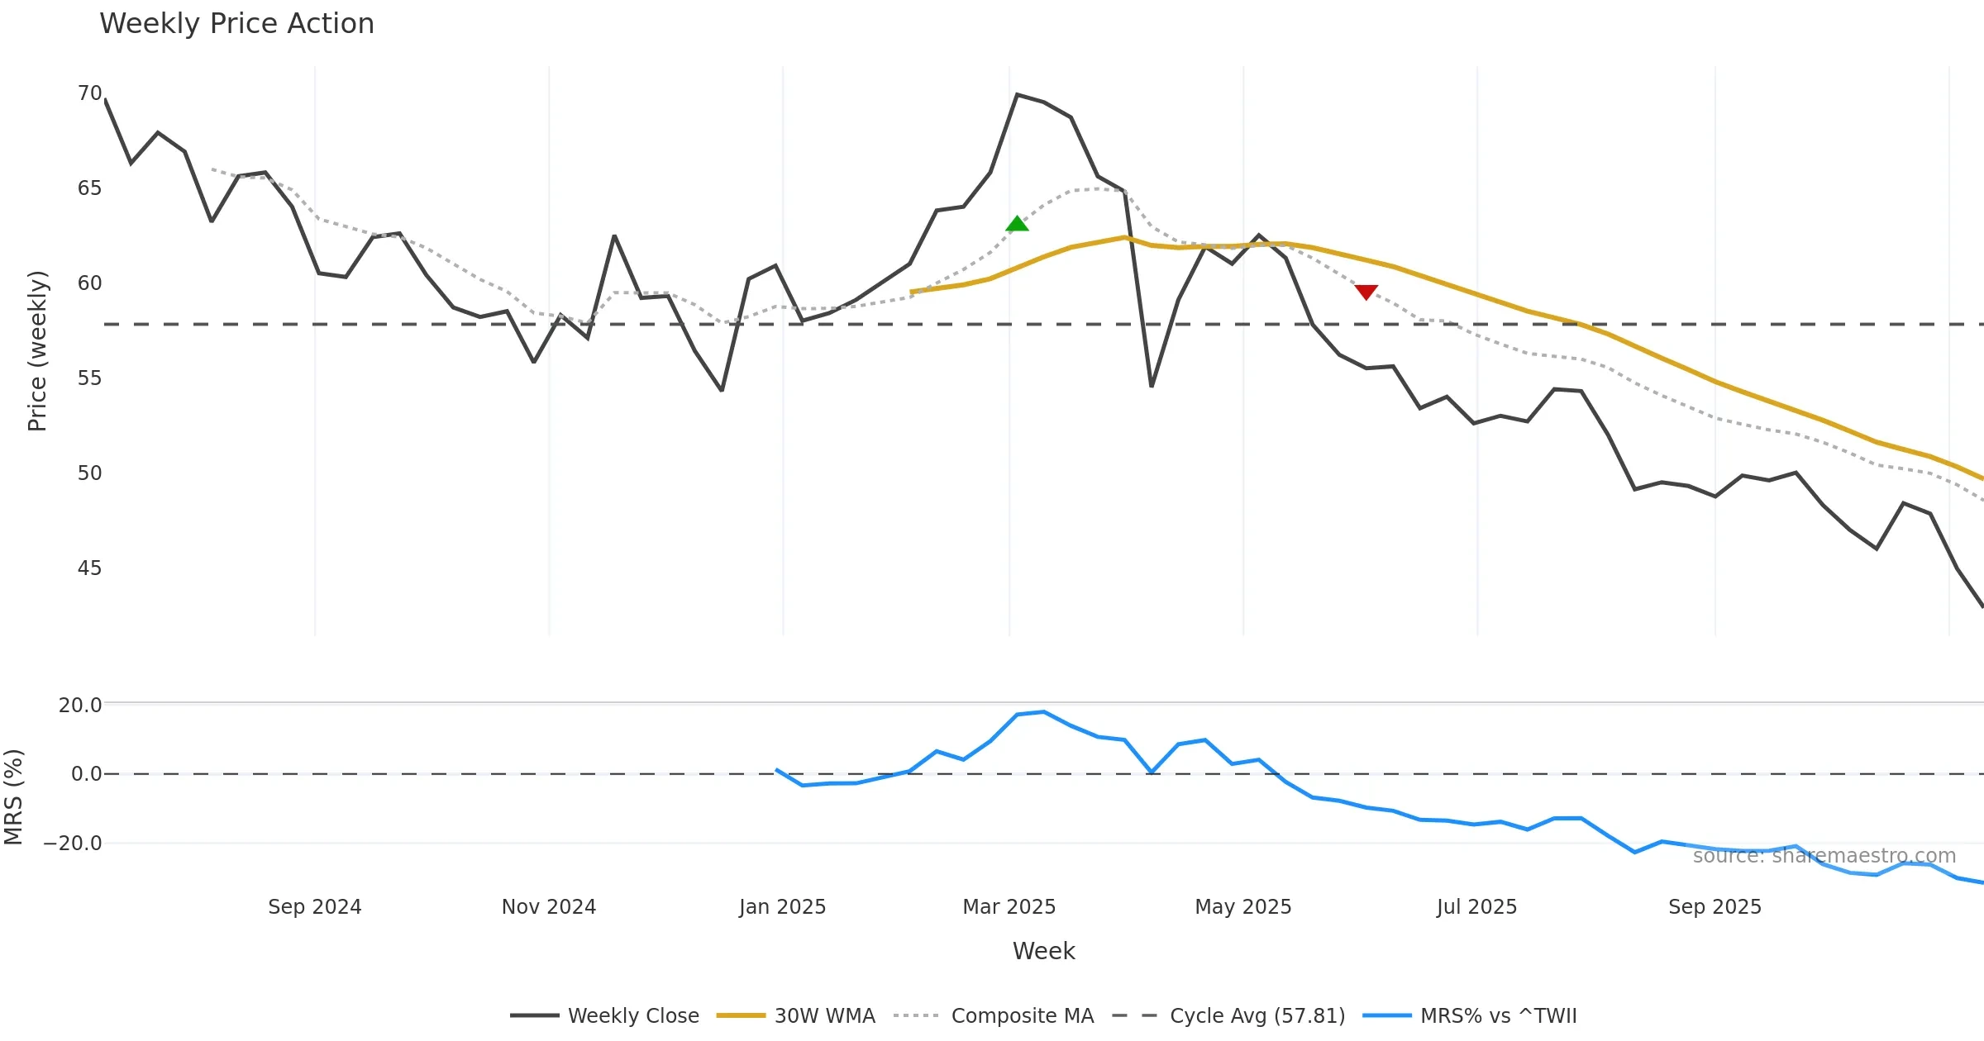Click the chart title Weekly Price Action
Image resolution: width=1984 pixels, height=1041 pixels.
(236, 24)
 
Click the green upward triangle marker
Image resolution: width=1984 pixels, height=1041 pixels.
(1017, 224)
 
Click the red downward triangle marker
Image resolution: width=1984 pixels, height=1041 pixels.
(1366, 292)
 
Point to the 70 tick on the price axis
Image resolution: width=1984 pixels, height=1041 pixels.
(89, 93)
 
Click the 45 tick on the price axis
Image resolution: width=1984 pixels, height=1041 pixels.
(89, 568)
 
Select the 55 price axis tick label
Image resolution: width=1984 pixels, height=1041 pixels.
(89, 378)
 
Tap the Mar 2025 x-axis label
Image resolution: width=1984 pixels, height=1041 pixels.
(1009, 907)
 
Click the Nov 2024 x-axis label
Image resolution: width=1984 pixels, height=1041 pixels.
(548, 907)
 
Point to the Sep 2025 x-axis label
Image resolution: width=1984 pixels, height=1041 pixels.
(1715, 907)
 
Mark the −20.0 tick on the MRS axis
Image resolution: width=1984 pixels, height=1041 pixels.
(73, 844)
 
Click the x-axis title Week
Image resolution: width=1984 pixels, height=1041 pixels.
(1043, 952)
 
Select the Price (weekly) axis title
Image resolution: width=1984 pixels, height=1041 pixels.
(38, 351)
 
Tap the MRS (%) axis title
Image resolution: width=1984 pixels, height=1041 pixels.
(14, 797)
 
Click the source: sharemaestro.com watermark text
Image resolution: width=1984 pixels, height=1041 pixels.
(1824, 856)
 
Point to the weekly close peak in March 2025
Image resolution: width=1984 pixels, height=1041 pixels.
(1017, 95)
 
